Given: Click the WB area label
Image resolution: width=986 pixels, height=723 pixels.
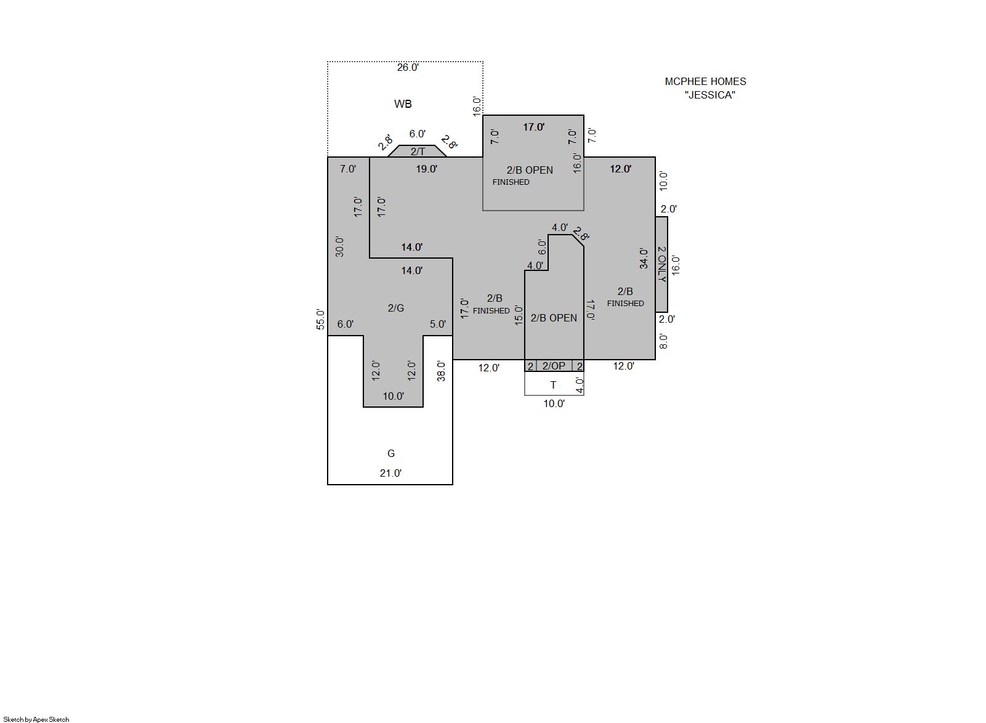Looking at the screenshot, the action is pyautogui.click(x=403, y=104).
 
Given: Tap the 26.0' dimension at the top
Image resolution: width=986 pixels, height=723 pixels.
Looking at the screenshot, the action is pyautogui.click(x=408, y=67).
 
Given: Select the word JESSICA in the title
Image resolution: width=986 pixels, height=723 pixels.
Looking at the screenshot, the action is pyautogui.click(x=709, y=95).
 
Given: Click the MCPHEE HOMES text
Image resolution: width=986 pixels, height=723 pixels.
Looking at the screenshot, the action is pyautogui.click(x=705, y=81).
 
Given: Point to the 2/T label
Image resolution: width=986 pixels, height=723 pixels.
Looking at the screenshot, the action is pyautogui.click(x=418, y=152).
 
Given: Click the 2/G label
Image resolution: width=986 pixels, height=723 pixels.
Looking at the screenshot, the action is pyautogui.click(x=396, y=308).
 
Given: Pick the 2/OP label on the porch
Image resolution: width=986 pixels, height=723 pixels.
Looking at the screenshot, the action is pyautogui.click(x=554, y=366).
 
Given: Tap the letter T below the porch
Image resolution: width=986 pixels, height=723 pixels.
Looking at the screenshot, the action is pyautogui.click(x=553, y=385).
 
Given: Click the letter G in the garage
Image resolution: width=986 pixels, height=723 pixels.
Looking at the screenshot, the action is pyautogui.click(x=391, y=453).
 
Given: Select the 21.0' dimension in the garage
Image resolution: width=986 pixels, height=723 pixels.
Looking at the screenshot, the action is pyautogui.click(x=390, y=473).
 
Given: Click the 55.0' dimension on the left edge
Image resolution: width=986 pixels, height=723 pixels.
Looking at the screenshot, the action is pyautogui.click(x=320, y=320).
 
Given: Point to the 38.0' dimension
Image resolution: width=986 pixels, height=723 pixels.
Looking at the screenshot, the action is pyautogui.click(x=441, y=371).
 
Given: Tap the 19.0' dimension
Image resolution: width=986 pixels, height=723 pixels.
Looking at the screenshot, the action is pyautogui.click(x=427, y=169).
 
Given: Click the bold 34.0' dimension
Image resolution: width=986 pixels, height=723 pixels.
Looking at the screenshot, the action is pyautogui.click(x=644, y=258).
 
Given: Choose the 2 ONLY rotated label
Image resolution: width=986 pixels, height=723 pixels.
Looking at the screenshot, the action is pyautogui.click(x=661, y=264).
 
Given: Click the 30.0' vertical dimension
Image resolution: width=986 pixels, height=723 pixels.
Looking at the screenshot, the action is pyautogui.click(x=339, y=246).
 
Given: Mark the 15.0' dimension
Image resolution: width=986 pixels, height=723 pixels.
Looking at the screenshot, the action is pyautogui.click(x=519, y=315).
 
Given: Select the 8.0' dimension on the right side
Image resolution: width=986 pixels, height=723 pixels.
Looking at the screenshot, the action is pyautogui.click(x=663, y=341).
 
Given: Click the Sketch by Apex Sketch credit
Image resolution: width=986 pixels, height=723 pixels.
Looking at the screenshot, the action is pyautogui.click(x=36, y=719).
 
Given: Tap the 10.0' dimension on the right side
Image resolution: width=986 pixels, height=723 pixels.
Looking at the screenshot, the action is pyautogui.click(x=663, y=181).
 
